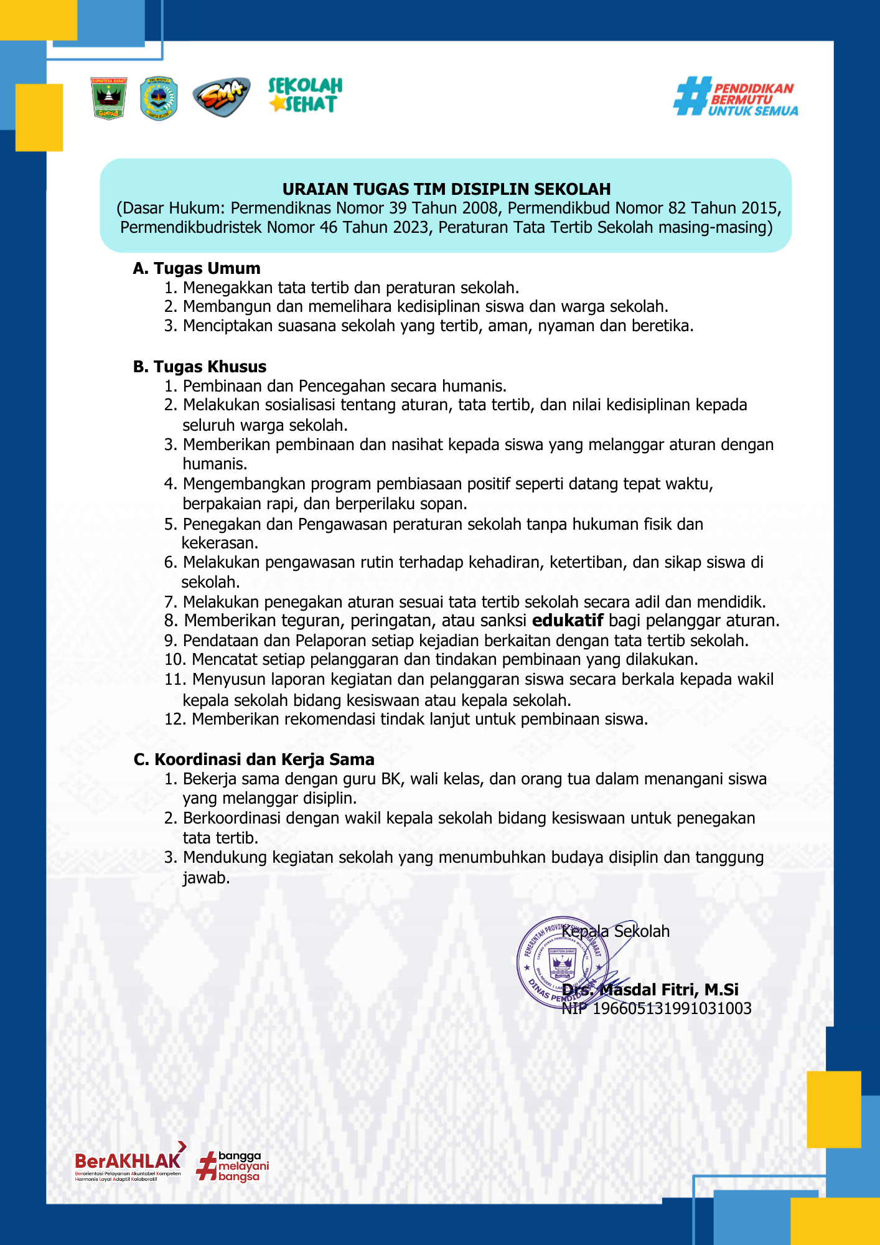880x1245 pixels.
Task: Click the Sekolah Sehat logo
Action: pyautogui.click(x=305, y=95)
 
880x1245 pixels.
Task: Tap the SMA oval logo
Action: pyautogui.click(x=221, y=97)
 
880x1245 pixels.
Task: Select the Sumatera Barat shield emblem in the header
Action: pyautogui.click(x=109, y=98)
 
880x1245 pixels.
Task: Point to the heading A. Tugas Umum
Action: pyautogui.click(x=197, y=268)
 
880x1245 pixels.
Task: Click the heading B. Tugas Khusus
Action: pyautogui.click(x=200, y=367)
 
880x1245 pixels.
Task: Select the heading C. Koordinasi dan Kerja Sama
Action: pyautogui.click(x=254, y=759)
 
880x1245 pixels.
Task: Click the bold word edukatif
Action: pyautogui.click(x=568, y=621)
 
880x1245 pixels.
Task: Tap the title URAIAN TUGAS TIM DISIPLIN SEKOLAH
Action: pyautogui.click(x=446, y=189)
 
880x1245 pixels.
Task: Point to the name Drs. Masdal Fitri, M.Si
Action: pyautogui.click(x=650, y=990)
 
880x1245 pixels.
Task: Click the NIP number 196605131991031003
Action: pyautogui.click(x=672, y=1008)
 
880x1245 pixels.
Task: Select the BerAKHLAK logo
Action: pyautogui.click(x=129, y=1162)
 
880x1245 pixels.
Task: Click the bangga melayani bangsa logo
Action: pyautogui.click(x=233, y=1166)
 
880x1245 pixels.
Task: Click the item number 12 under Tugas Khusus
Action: pyautogui.click(x=176, y=720)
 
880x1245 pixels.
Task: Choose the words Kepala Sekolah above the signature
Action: pyautogui.click(x=616, y=931)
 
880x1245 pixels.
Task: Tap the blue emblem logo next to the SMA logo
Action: pyautogui.click(x=159, y=98)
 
